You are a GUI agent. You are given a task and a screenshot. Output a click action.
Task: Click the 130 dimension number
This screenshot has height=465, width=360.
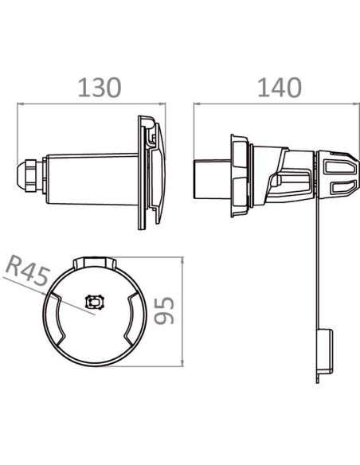pyautogui.click(x=99, y=88)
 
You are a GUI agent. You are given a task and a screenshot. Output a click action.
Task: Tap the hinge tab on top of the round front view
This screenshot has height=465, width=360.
pyautogui.click(x=96, y=261)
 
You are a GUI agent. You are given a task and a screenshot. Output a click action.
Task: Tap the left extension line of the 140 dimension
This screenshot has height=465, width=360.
pyautogui.click(x=195, y=127)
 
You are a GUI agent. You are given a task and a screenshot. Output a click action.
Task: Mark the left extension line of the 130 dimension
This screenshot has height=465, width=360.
pyautogui.click(x=18, y=131)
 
